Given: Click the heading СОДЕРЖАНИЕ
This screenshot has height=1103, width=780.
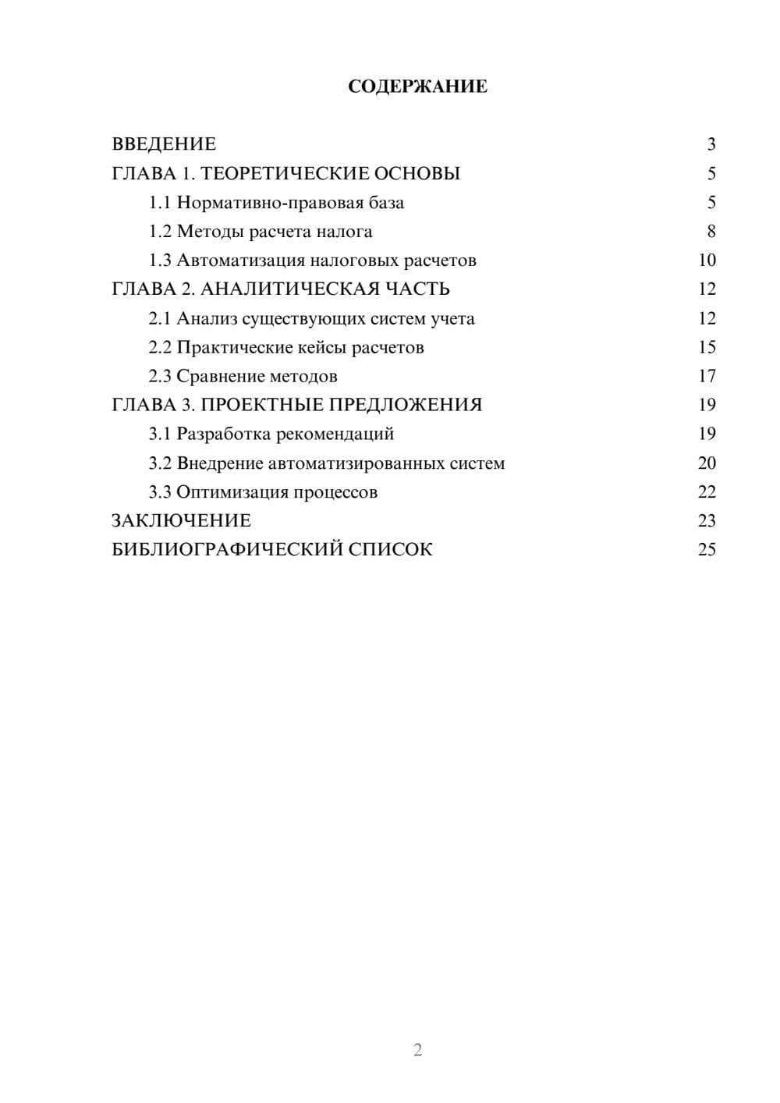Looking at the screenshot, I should pyautogui.click(x=417, y=87).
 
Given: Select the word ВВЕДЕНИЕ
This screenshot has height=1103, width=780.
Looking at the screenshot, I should pyautogui.click(x=164, y=144).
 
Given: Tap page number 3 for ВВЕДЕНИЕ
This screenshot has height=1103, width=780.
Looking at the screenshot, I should pyautogui.click(x=711, y=144).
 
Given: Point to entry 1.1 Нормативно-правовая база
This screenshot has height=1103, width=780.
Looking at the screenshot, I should pyautogui.click(x=276, y=203).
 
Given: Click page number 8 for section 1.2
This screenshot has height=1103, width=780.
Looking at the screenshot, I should pyautogui.click(x=711, y=232).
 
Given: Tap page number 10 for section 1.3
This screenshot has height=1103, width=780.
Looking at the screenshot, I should pyautogui.click(x=707, y=261).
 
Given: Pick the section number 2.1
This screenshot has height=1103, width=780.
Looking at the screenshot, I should pyautogui.click(x=159, y=318).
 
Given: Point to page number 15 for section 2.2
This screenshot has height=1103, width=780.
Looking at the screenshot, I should pyautogui.click(x=707, y=347).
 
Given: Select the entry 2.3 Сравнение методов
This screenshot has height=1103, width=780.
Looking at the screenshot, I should pyautogui.click(x=243, y=376).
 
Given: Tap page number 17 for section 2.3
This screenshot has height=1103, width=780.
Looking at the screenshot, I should pyautogui.click(x=707, y=376).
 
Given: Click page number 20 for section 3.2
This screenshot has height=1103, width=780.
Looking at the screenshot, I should pyautogui.click(x=707, y=463).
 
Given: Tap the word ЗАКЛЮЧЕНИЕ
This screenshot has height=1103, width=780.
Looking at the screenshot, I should pyautogui.click(x=181, y=520).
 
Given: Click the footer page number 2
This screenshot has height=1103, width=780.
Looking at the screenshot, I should pyautogui.click(x=417, y=1050).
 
